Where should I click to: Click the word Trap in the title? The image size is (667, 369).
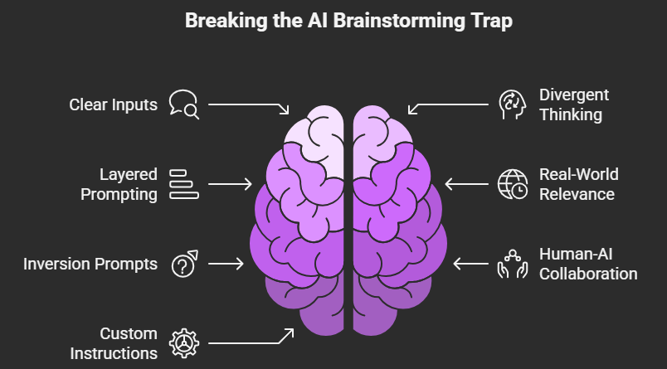491,21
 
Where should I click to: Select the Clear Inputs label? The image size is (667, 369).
113,105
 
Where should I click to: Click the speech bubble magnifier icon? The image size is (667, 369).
183,104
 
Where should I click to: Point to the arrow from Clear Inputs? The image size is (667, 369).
249,106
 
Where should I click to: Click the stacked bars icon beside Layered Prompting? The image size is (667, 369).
183,183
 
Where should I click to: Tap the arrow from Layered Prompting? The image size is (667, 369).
230,183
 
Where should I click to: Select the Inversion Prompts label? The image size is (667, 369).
90,265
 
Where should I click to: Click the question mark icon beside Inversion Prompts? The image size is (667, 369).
183,264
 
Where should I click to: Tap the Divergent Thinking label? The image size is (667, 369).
573,105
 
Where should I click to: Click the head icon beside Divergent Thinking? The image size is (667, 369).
511,104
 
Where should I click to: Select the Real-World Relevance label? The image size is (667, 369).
578,184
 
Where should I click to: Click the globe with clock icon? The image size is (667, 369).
511,184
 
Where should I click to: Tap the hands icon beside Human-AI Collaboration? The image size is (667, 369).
511,264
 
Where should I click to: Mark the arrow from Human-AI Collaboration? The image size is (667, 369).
470,264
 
